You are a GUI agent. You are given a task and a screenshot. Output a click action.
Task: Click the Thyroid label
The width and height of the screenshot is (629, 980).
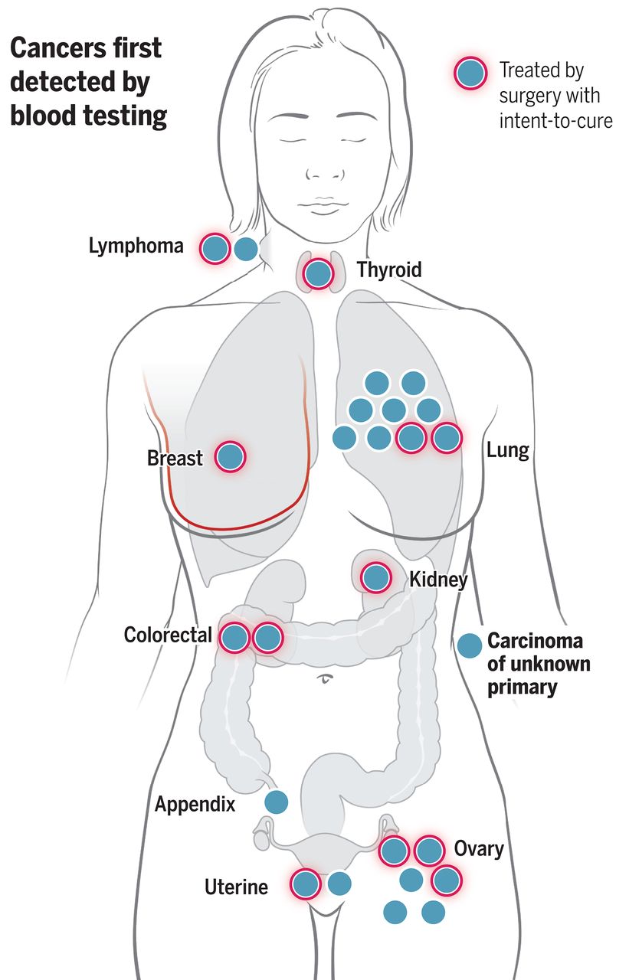point(388,269)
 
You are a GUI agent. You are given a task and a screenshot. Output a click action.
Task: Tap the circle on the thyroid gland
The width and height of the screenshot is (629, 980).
point(318,273)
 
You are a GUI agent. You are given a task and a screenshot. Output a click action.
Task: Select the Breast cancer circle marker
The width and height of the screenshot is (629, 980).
point(229,456)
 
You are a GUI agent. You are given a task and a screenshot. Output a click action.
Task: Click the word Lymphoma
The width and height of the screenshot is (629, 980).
point(136,247)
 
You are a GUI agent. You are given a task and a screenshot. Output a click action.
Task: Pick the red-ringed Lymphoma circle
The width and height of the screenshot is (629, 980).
point(215,249)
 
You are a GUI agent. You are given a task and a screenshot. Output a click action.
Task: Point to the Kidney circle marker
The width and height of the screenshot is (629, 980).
point(375,577)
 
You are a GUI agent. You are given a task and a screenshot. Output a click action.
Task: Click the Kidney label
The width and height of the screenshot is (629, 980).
point(438,580)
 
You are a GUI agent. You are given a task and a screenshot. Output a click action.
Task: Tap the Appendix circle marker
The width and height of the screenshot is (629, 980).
point(276,802)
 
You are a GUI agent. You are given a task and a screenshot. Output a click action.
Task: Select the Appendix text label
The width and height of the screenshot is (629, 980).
point(195,805)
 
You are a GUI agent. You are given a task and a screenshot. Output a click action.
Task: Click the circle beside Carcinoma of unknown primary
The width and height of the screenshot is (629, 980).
point(468,645)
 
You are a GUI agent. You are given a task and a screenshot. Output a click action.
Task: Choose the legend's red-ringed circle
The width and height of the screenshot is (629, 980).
point(470,73)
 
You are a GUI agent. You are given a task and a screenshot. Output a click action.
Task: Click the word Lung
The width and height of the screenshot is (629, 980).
point(508,449)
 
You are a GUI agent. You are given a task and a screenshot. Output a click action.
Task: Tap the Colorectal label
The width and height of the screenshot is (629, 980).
point(168,635)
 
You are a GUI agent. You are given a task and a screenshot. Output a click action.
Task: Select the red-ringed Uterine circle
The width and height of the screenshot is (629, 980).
point(306,884)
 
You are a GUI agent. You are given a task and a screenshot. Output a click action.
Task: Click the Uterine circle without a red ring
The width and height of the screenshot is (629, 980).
point(339,884)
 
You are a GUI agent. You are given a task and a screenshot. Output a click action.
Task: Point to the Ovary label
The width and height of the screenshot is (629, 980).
point(479,848)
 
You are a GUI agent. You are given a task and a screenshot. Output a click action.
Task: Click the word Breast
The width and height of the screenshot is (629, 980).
point(175,459)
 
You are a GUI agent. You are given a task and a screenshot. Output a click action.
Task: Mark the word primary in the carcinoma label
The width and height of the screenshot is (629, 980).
point(521,687)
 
